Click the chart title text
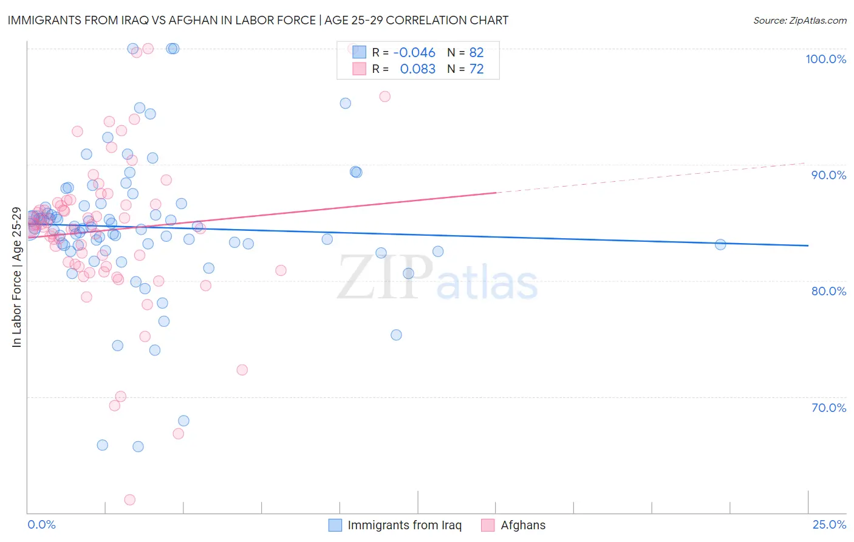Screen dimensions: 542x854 point(258,20)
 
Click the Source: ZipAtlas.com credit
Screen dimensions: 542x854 point(799,20)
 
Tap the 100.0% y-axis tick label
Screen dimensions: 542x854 point(825,59)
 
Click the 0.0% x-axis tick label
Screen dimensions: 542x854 point(41,524)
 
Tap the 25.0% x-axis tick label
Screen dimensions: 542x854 point(829,524)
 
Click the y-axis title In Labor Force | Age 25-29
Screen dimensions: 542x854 point(16,278)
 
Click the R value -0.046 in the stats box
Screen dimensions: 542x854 point(414,53)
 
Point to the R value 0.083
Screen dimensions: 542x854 point(417,69)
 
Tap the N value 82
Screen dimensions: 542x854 point(476,53)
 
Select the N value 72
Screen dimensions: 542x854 point(476,69)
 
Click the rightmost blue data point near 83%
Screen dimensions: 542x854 point(720,245)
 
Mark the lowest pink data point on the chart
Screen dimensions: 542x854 point(129,499)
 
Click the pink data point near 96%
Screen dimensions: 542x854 point(384,96)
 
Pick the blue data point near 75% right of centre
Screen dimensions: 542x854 point(396,335)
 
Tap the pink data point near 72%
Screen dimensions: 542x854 point(242,369)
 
